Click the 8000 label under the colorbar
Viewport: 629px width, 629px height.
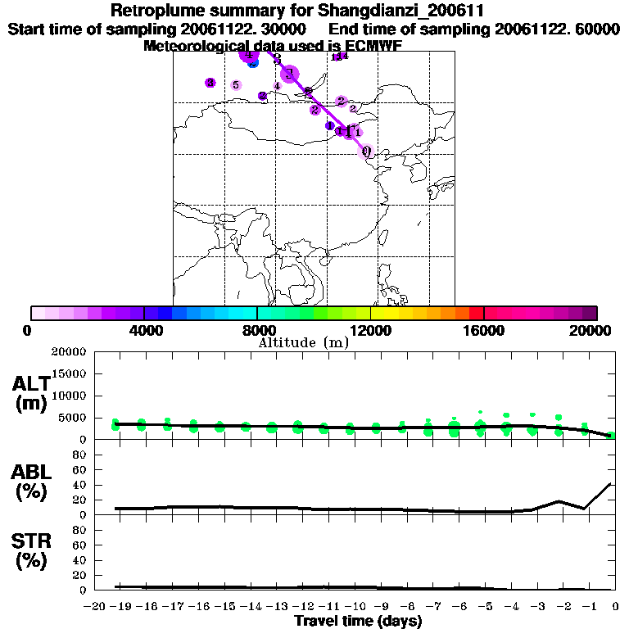click(x=257, y=330)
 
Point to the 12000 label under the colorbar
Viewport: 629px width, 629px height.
click(x=371, y=330)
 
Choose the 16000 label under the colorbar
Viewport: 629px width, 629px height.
click(x=485, y=330)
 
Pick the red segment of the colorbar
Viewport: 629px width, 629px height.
click(x=475, y=313)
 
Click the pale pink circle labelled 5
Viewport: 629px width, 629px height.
click(x=236, y=84)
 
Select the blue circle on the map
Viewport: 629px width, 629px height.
click(x=253, y=63)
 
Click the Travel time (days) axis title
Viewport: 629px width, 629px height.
click(x=358, y=622)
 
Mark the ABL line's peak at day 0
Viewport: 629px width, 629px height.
click(x=613, y=484)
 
